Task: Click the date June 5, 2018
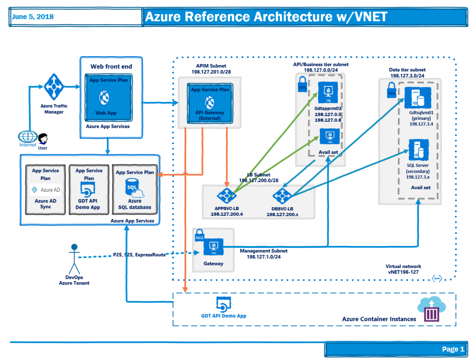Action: (33, 17)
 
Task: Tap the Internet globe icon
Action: (27, 137)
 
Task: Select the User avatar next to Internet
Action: (43, 139)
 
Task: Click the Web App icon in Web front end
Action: (106, 98)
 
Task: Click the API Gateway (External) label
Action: (209, 115)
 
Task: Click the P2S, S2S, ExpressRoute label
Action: (139, 254)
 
